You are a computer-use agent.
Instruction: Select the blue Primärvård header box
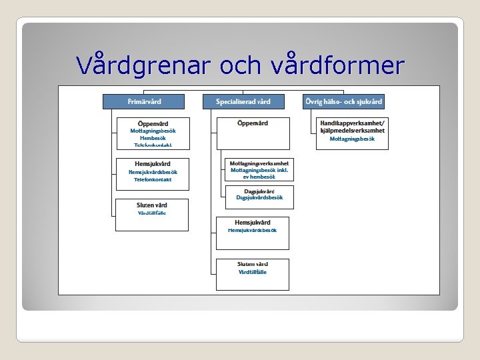[x=145, y=101]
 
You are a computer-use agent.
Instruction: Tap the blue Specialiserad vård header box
[x=243, y=101]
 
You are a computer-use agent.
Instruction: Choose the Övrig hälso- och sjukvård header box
[x=343, y=101]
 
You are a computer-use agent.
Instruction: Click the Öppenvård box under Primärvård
[x=153, y=133]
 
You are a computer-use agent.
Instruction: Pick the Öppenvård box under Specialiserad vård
[x=253, y=133]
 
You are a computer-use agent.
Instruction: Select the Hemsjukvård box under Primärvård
[x=153, y=174]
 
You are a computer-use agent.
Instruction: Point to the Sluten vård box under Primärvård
[x=152, y=215]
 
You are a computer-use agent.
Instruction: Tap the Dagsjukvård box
[x=259, y=194]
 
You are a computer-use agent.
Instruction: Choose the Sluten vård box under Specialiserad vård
[x=252, y=274]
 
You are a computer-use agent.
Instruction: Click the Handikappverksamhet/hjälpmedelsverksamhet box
[x=352, y=130]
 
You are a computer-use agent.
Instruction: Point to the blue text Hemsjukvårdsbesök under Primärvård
[x=153, y=172]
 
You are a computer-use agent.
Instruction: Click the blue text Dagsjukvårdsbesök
[x=259, y=197]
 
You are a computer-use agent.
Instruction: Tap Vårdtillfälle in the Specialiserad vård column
[x=252, y=272]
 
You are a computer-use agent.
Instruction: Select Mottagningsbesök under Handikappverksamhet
[x=352, y=139]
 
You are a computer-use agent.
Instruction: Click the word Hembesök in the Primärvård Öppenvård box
[x=153, y=138]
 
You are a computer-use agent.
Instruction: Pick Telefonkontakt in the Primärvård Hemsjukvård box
[x=153, y=179]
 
